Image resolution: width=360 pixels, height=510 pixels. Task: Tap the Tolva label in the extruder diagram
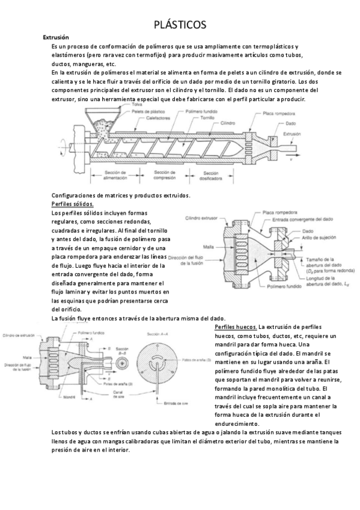click(x=138, y=105)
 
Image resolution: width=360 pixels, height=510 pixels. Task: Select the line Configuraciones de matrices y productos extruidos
click(x=121, y=195)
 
